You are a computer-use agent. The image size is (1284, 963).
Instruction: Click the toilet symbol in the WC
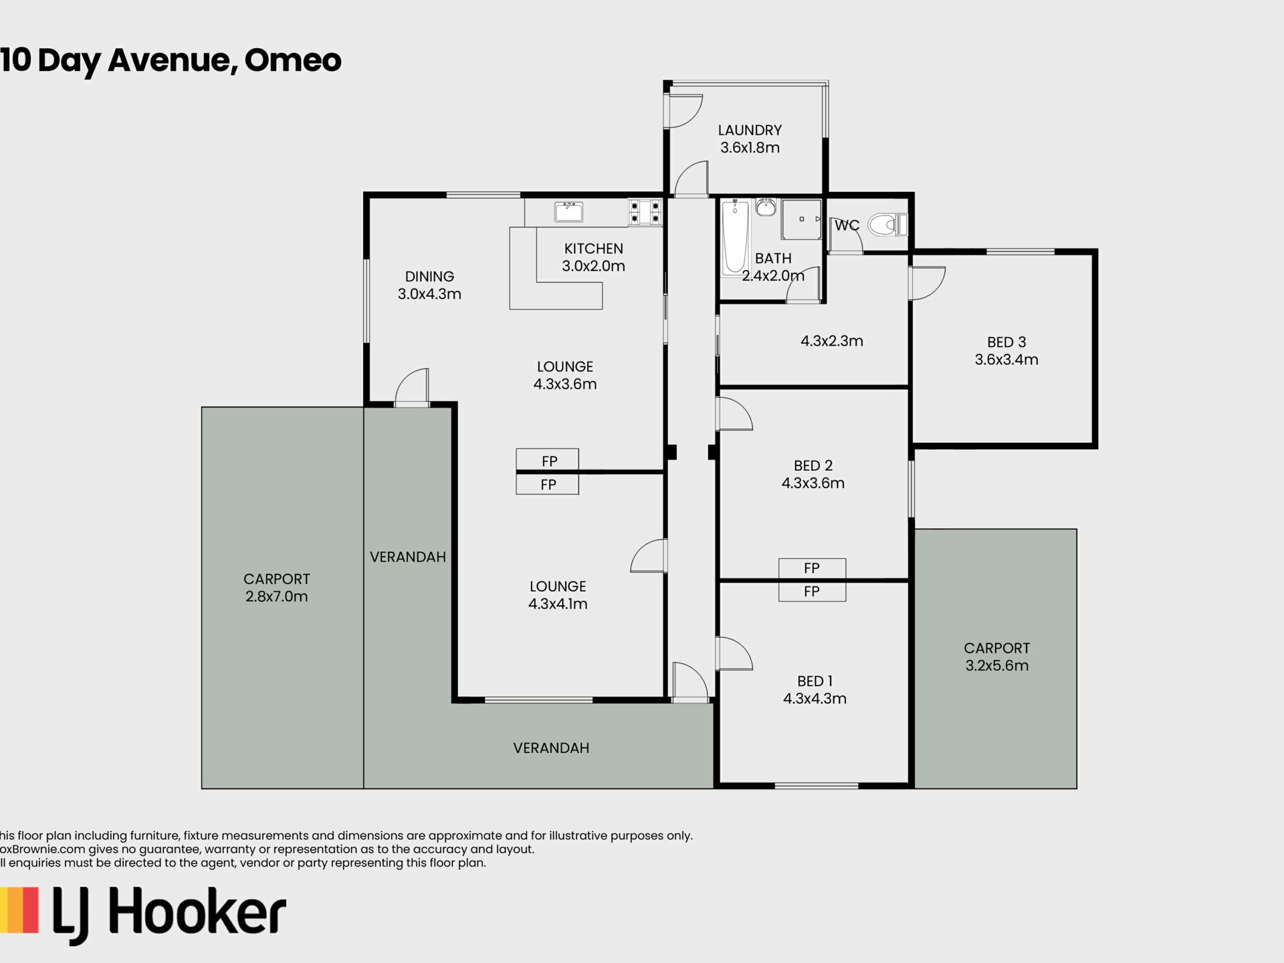tap(886, 225)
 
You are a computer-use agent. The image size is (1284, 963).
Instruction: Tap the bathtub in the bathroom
tap(735, 237)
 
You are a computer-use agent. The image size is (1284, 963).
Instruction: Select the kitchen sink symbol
tap(568, 211)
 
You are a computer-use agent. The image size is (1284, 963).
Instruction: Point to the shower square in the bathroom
tap(801, 219)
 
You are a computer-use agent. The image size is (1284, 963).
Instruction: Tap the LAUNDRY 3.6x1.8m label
tap(750, 139)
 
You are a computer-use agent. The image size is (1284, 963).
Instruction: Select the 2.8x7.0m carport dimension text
tap(276, 597)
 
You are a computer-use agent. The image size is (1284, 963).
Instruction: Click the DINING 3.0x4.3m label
tap(429, 285)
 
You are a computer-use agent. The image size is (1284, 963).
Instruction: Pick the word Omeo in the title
tap(292, 60)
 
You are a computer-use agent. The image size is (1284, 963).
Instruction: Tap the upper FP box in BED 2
tap(812, 568)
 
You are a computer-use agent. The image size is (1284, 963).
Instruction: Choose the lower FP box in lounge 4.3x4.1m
tap(547, 484)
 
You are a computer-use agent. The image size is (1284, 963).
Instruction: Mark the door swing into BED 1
tap(734, 654)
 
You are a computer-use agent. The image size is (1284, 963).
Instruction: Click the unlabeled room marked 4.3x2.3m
tap(831, 341)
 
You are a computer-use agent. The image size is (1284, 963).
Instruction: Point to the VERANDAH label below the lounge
tap(551, 748)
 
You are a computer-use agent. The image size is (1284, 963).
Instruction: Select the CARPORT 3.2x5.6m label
tap(996, 657)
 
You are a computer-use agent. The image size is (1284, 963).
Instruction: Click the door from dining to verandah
tap(412, 388)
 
